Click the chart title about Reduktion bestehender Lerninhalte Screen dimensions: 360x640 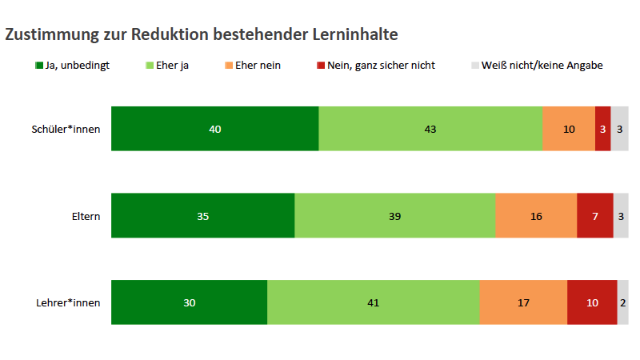coord(202,34)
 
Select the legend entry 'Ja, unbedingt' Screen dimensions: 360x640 coord(73,66)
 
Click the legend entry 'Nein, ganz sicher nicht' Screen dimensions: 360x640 coord(376,66)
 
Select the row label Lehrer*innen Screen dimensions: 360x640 coord(69,303)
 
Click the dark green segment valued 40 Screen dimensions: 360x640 coord(214,129)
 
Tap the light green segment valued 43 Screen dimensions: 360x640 coord(430,129)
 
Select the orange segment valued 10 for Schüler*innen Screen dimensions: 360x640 coord(568,129)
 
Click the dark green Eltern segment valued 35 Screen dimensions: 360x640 coord(202,216)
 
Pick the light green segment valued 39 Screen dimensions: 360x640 coord(394,216)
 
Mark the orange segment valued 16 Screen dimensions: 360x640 coord(536,216)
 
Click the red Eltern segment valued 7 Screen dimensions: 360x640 coord(594,216)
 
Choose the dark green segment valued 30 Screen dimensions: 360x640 coord(189,302)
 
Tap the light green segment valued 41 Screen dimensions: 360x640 coord(373,302)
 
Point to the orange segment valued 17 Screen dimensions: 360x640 coord(523,302)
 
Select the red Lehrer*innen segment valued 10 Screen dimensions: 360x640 coord(592,302)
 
